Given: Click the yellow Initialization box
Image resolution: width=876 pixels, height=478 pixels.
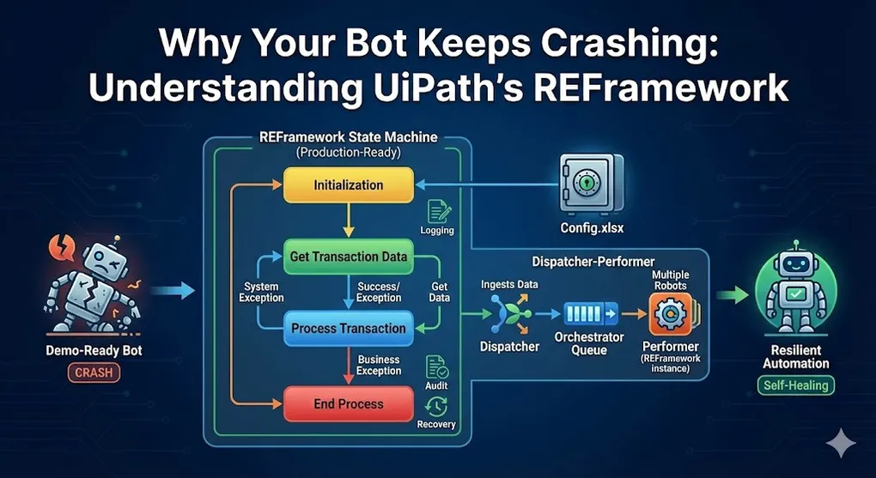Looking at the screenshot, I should tap(348, 185).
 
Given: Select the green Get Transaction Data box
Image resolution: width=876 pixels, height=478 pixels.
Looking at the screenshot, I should tap(349, 256).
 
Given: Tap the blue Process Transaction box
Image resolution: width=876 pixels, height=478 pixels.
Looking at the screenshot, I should tap(348, 328).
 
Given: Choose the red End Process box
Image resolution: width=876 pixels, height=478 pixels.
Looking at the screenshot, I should tap(348, 403).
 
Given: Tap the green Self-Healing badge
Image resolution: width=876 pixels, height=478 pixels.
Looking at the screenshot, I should tap(795, 385).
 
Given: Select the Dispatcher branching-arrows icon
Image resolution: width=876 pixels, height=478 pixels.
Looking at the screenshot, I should tap(508, 314).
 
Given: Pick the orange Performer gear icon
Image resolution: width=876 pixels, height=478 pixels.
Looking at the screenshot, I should tap(668, 315).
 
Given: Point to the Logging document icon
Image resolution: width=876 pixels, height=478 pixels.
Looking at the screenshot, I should tap(437, 210).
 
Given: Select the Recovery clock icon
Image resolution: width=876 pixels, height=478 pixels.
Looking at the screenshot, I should tap(437, 405).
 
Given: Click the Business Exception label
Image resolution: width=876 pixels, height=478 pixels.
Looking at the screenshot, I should tap(379, 365).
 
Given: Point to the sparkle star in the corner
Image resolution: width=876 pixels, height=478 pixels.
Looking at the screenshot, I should tap(840, 443).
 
